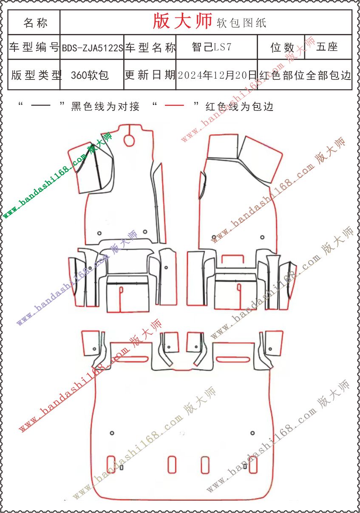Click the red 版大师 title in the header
click(x=182, y=21)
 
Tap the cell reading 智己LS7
click(x=212, y=48)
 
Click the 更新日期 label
click(x=150, y=75)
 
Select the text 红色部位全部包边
click(x=305, y=75)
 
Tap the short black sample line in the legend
click(x=40, y=105)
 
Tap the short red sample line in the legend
click(x=174, y=105)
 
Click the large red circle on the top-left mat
click(x=129, y=140)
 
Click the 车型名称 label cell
click(x=150, y=48)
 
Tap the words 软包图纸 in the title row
click(x=241, y=23)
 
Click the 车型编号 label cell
click(x=34, y=48)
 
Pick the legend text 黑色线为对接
click(x=105, y=107)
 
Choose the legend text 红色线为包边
click(x=240, y=107)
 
